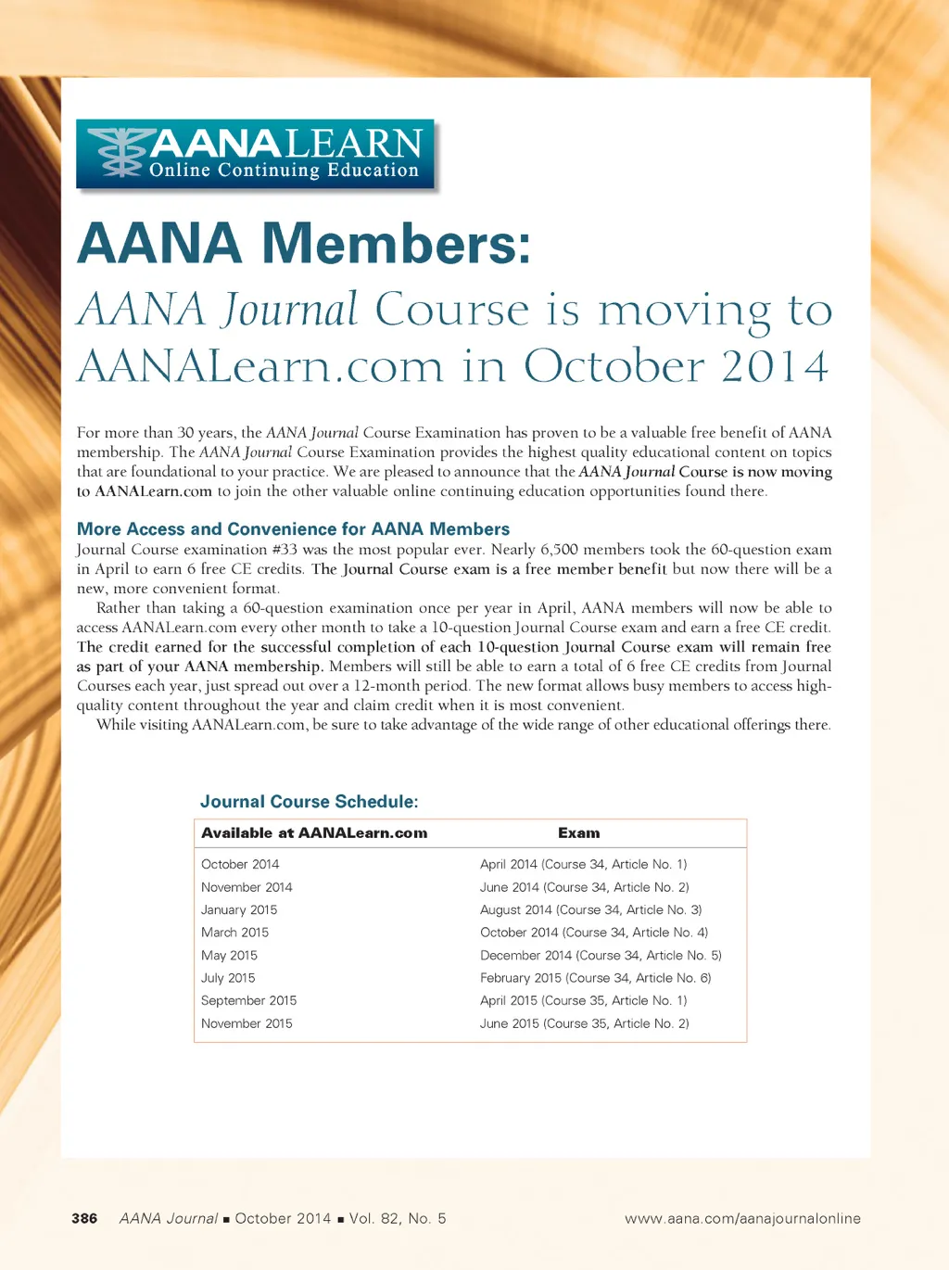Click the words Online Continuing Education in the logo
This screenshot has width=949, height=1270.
pos(284,171)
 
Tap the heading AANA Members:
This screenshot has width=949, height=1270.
pos(304,243)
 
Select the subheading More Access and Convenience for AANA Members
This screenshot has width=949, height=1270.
pos(293,529)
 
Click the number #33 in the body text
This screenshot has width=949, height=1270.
pos(285,550)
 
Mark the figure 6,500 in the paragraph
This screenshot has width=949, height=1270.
pos(559,550)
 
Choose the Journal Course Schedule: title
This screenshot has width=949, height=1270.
pos(309,802)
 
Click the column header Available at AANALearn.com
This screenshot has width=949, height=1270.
pos(314,833)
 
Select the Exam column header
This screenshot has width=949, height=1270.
pos(578,833)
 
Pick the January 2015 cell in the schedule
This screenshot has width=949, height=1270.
pos(239,910)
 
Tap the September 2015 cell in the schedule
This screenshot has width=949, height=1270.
pos(248,1001)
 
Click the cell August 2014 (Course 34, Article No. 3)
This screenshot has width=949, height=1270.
pos(590,910)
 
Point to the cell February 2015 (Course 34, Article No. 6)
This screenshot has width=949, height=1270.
pos(595,978)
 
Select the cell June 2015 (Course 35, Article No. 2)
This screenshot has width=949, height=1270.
pos(584,1023)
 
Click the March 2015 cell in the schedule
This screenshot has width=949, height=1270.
pos(234,933)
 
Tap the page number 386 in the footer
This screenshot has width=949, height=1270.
pos(84,1218)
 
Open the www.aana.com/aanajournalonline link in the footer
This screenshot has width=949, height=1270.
pos(742,1218)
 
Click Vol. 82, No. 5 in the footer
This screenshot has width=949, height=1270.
pos(398,1218)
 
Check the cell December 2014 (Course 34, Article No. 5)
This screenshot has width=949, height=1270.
pos(601,956)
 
